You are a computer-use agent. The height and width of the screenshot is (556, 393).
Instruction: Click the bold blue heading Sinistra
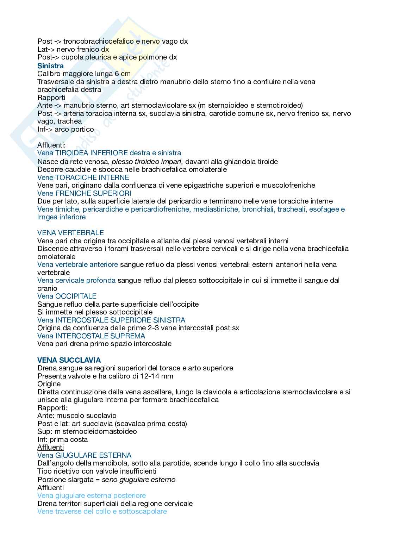click(50, 66)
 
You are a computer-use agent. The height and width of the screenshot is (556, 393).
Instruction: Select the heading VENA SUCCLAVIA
click(69, 360)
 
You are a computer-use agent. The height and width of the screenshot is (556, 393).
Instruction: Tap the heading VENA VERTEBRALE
click(70, 233)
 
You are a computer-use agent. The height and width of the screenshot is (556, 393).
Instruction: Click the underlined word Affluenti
click(50, 447)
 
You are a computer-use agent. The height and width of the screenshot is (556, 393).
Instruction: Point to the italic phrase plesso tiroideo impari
click(147, 162)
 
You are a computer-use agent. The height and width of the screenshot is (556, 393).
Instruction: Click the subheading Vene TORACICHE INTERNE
click(83, 177)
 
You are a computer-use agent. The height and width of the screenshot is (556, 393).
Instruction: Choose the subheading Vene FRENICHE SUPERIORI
click(84, 193)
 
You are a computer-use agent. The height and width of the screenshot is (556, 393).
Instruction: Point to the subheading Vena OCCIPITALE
click(67, 296)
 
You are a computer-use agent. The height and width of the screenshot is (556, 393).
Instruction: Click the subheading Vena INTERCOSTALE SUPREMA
click(91, 336)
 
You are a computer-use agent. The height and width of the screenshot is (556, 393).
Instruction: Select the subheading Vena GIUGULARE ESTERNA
click(84, 455)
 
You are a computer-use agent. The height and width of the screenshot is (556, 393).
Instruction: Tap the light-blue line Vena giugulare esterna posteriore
click(92, 495)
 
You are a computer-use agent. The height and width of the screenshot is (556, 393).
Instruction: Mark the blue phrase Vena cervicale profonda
click(76, 280)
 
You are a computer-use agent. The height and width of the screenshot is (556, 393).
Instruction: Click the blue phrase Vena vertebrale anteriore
click(77, 264)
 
